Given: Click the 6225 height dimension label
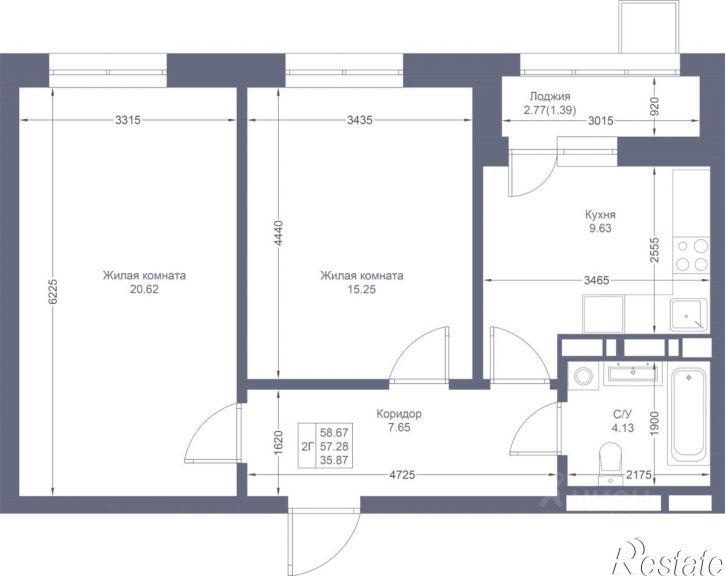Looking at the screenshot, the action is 53,291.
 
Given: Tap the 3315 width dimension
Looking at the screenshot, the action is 128,120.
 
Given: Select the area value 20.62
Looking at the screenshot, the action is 144,290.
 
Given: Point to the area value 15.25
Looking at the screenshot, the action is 362,290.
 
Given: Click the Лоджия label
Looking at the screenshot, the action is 550,97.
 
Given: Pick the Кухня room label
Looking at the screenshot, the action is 600,215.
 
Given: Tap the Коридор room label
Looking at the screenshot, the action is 399,414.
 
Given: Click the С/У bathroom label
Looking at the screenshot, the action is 622,414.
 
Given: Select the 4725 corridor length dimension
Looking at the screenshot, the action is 402,475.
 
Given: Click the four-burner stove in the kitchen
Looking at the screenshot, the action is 691,255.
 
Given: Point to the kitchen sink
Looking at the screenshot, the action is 688,315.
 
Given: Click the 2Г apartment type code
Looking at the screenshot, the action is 308,447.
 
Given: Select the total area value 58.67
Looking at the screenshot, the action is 334,433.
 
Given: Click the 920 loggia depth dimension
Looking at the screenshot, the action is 654,106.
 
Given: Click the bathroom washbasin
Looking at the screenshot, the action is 633,373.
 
